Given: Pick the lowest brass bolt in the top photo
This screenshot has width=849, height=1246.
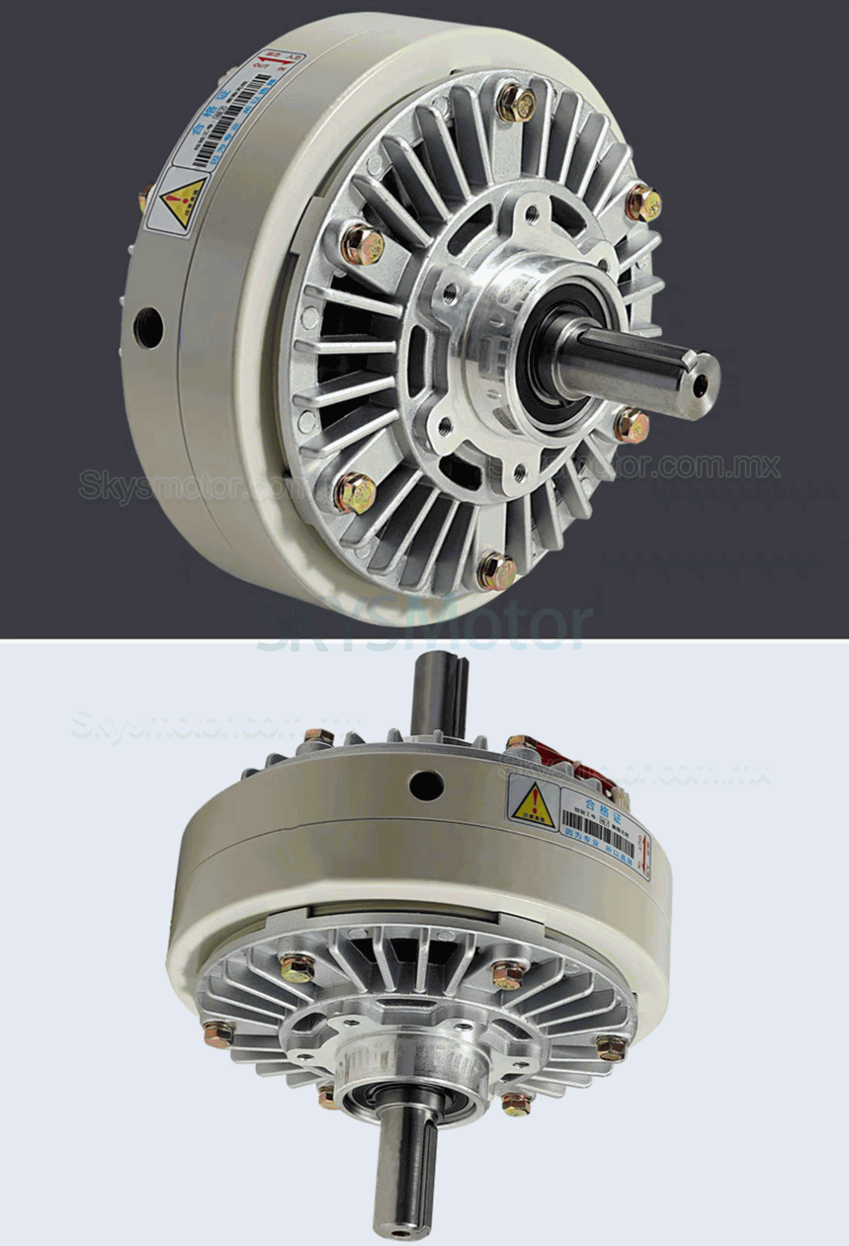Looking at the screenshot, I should tap(497, 572).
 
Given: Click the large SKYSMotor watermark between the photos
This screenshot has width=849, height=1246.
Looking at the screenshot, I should tap(424, 626).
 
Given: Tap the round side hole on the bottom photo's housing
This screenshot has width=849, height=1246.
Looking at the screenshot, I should tap(425, 784).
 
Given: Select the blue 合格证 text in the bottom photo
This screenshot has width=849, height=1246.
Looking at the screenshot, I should tap(601, 804).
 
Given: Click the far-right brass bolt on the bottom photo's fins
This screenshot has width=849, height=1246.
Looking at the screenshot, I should tap(611, 1047).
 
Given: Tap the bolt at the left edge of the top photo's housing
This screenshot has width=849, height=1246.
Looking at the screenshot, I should tap(143, 199).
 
